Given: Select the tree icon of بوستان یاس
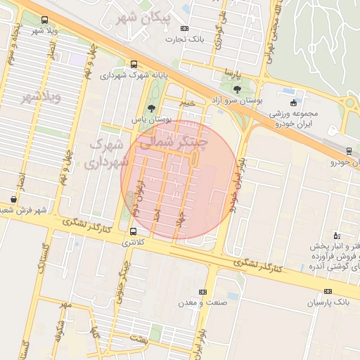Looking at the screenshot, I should (x=152, y=108).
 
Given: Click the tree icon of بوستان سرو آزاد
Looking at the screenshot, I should (x=236, y=89).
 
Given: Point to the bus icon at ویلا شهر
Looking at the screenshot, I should (x=45, y=20).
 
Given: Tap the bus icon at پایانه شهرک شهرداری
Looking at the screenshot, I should (x=134, y=64).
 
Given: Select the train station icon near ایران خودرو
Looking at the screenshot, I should (x=349, y=150).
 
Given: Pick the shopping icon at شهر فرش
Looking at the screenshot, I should (x=13, y=199).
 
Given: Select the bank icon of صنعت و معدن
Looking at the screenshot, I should (x=203, y=292).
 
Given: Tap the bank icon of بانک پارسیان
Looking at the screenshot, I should (x=328, y=292).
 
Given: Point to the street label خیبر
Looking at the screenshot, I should (x=186, y=103).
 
